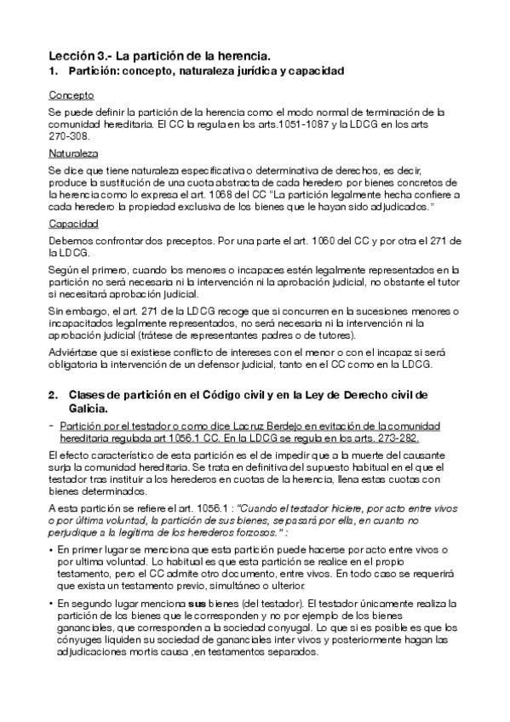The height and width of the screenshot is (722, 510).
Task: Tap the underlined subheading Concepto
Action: coord(72,95)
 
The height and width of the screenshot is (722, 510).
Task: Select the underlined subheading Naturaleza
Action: coord(74,154)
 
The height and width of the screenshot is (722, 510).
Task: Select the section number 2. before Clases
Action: coord(53,394)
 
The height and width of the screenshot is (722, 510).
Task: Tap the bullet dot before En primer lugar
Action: coord(51,551)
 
